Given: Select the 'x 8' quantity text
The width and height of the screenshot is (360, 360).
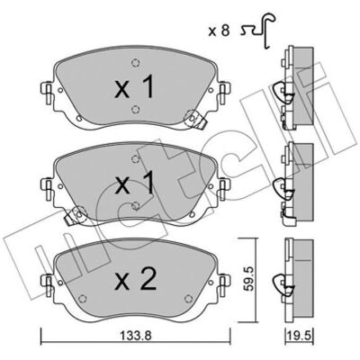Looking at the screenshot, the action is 219,31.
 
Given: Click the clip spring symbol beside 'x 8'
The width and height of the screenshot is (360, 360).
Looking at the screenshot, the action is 258,31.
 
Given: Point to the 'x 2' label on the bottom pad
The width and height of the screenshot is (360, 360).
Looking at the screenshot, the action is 136,279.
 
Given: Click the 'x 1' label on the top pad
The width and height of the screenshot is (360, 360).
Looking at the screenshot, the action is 134,86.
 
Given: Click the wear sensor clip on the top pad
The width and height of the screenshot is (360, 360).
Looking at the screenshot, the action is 195,119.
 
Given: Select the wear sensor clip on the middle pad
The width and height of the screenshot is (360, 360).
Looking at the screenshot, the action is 75,215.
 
